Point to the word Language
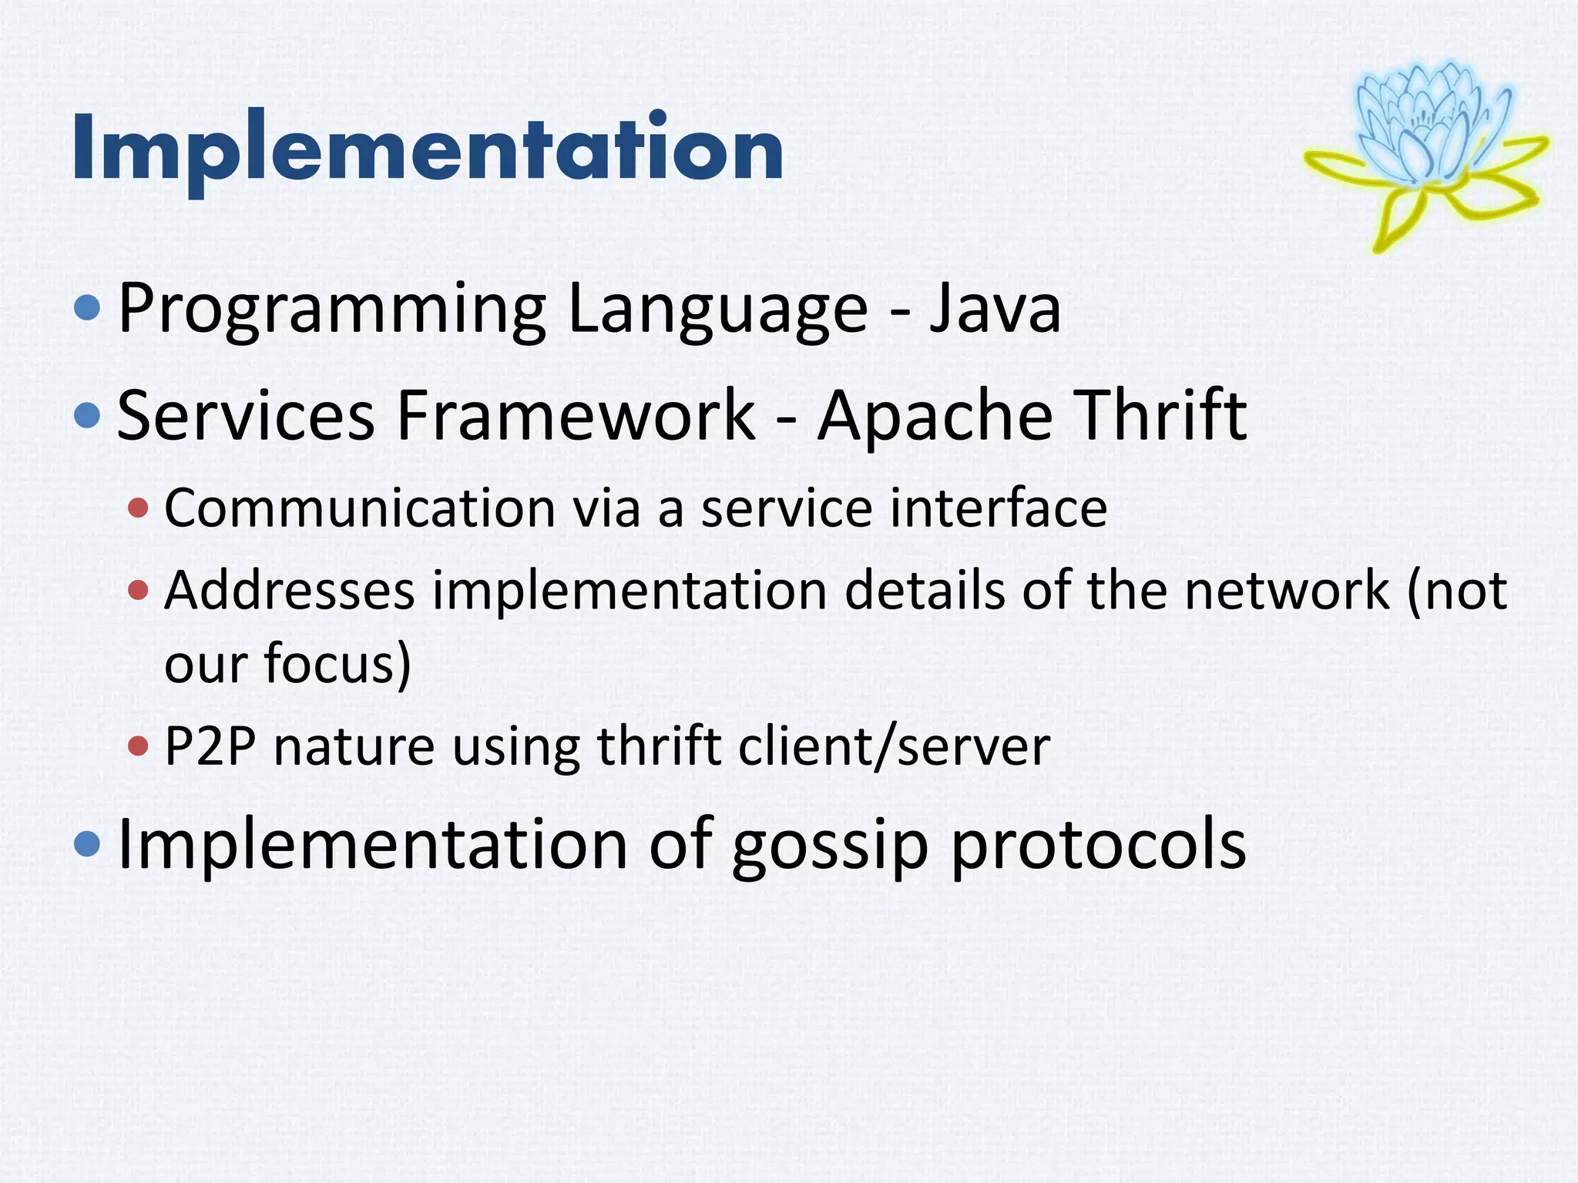click(718, 310)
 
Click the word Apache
click(935, 416)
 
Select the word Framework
click(576, 416)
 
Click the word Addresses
click(289, 591)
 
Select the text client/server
click(894, 746)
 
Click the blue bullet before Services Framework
click(88, 416)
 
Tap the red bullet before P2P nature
click(139, 746)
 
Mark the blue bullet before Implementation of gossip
click(88, 845)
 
